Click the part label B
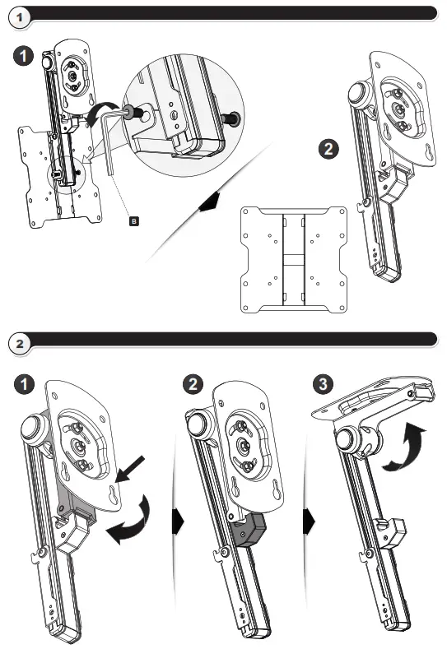[134, 221]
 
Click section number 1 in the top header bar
[20, 18]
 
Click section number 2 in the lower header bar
[20, 344]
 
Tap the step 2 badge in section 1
[328, 149]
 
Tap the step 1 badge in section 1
[23, 56]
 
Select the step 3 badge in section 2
[324, 383]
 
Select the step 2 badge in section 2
[193, 384]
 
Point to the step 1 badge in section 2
[24, 384]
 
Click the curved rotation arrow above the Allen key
[96, 110]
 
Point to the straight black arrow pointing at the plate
[130, 470]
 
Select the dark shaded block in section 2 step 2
[249, 531]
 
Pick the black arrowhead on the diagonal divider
[209, 202]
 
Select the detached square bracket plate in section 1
[294, 259]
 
